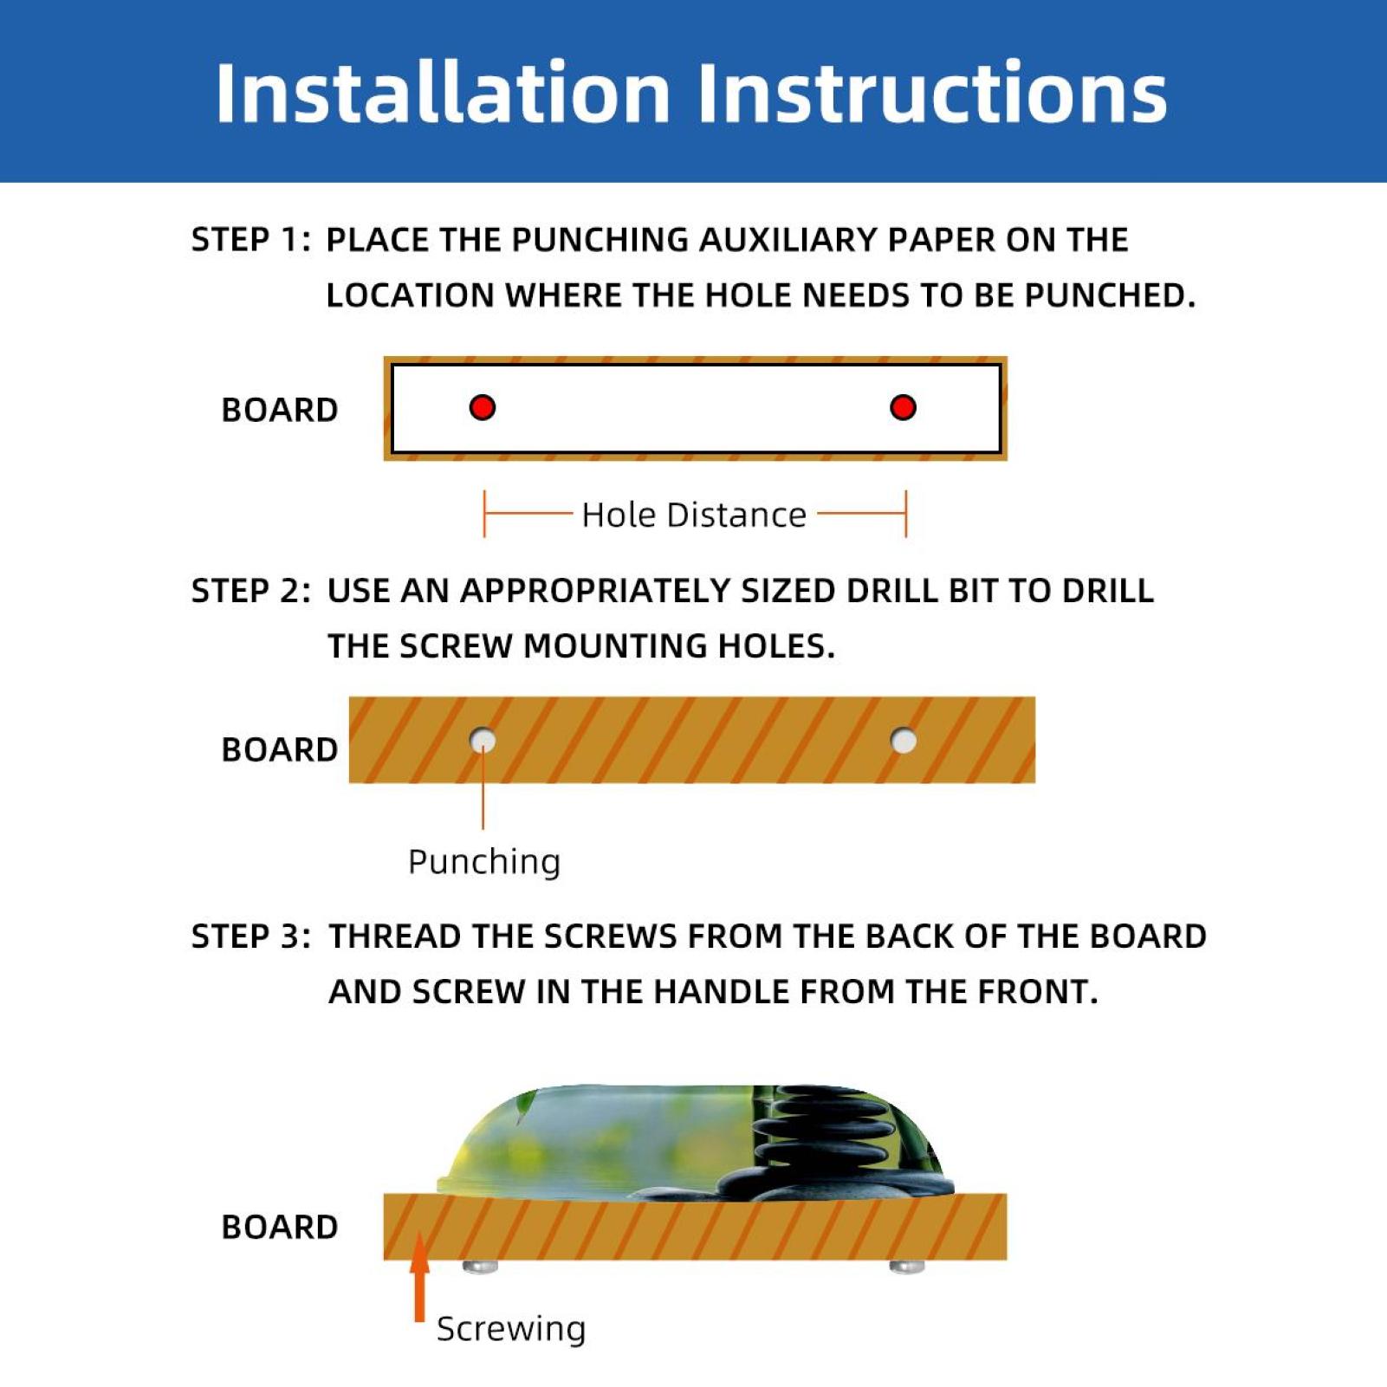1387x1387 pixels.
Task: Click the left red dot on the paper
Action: pyautogui.click(x=483, y=407)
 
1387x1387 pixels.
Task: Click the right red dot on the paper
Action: pyautogui.click(x=903, y=407)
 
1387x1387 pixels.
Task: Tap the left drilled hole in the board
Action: pyautogui.click(x=483, y=741)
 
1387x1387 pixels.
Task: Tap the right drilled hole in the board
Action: pyautogui.click(x=904, y=741)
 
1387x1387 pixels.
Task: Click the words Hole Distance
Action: pyautogui.click(x=694, y=515)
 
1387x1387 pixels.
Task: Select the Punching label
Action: pyautogui.click(x=484, y=862)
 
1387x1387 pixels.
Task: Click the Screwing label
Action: pyautogui.click(x=511, y=1328)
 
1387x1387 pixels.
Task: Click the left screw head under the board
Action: pyautogui.click(x=480, y=1267)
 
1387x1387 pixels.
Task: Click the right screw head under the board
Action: pyautogui.click(x=907, y=1267)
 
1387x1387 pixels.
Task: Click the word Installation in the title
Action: pyautogui.click(x=443, y=92)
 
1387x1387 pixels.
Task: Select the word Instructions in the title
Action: pyautogui.click(x=932, y=92)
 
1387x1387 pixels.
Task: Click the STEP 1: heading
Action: pyautogui.click(x=250, y=240)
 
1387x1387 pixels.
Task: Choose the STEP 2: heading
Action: pyautogui.click(x=250, y=591)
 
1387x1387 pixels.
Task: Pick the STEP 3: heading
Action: pyautogui.click(x=250, y=937)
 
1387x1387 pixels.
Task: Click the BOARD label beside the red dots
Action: pyautogui.click(x=279, y=410)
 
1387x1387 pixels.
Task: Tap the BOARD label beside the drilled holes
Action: pyautogui.click(x=279, y=749)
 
